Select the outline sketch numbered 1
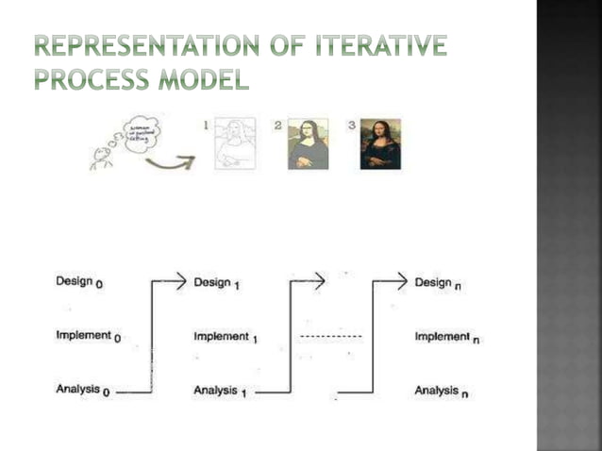tap(234, 144)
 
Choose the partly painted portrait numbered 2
tap(309, 144)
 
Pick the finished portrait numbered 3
tap(380, 144)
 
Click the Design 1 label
tap(216, 282)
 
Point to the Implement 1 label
tap(226, 336)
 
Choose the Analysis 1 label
tap(221, 391)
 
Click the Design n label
tap(438, 282)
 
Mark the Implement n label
tap(447, 337)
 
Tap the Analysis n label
tap(442, 391)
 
